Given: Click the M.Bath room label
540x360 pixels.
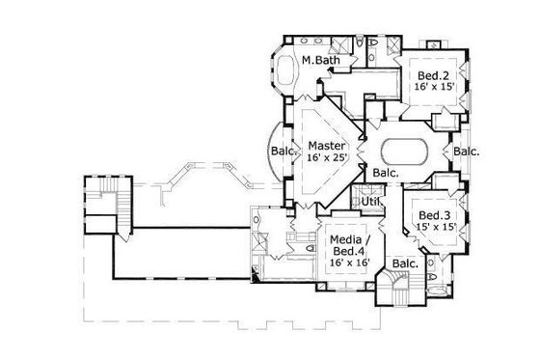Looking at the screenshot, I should point(319,60).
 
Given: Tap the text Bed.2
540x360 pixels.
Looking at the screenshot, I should point(429,73).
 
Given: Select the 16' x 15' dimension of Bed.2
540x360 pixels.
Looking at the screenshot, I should point(429,86).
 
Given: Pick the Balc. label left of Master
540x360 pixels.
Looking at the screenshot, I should point(282,152).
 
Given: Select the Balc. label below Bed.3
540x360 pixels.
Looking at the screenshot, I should point(405,262).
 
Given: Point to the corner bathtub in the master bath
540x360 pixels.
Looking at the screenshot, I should point(288,74).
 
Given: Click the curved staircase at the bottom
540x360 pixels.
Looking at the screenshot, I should point(396,286).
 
